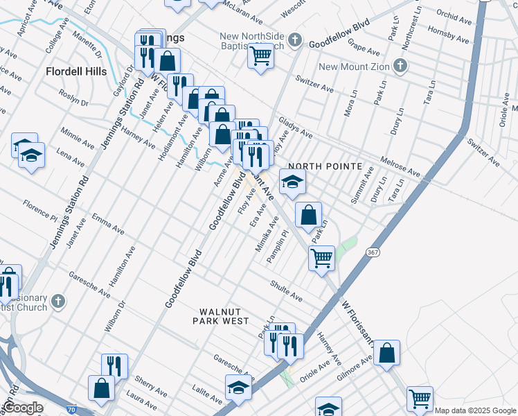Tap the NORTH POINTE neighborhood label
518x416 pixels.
(x=325, y=166)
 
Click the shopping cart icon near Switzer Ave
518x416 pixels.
(x=260, y=55)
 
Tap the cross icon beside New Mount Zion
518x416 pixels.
(x=399, y=67)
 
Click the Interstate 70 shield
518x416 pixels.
(x=72, y=410)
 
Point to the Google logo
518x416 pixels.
(x=23, y=408)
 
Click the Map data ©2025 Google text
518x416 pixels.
(x=475, y=410)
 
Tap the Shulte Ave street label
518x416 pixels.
(x=287, y=291)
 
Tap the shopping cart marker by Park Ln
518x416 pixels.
(x=321, y=258)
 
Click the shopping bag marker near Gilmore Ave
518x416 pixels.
(x=387, y=352)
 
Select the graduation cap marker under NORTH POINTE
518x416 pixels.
(x=292, y=183)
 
